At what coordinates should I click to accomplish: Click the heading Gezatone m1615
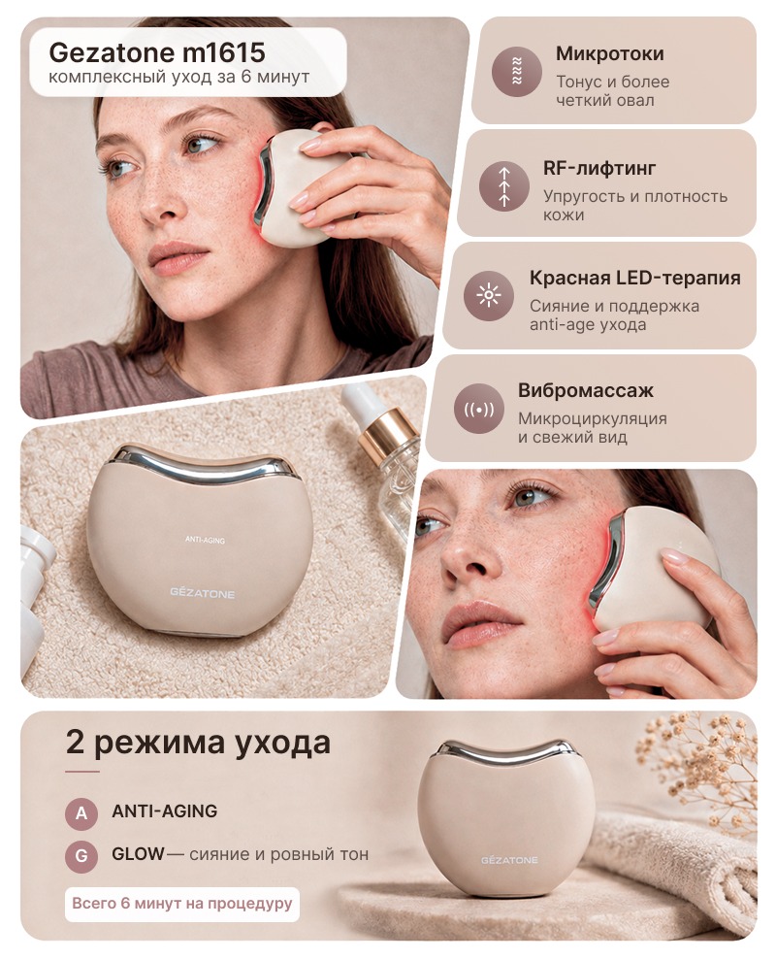(x=157, y=52)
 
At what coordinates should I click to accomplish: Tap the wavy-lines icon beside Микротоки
(x=517, y=71)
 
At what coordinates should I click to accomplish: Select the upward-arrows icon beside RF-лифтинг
(x=504, y=186)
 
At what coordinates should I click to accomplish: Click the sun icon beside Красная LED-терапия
(x=488, y=296)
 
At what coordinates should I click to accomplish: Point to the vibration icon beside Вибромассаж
(x=478, y=409)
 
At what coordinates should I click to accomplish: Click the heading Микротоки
(x=609, y=54)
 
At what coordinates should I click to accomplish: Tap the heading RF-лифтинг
(x=599, y=168)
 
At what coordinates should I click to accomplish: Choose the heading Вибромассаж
(x=586, y=390)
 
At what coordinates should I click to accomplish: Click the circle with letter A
(x=81, y=813)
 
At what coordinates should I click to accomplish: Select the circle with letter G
(x=81, y=855)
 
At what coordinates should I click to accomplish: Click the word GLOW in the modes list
(x=138, y=853)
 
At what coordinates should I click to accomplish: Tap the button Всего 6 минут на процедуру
(x=182, y=904)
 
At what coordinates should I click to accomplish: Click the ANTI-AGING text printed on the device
(x=205, y=540)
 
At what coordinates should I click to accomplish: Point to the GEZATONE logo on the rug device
(x=203, y=593)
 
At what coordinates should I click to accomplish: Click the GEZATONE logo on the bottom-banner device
(x=509, y=860)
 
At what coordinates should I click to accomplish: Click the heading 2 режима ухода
(x=198, y=743)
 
